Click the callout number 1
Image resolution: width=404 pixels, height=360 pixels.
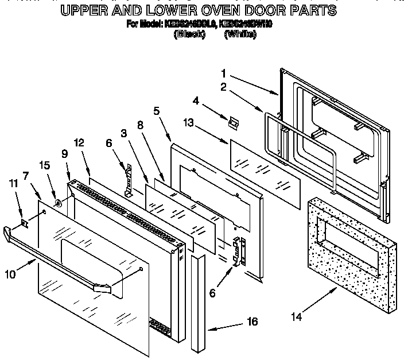tap(224, 73)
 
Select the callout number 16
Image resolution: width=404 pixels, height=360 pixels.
tap(252, 322)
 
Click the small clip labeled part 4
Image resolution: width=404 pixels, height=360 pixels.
tap(233, 122)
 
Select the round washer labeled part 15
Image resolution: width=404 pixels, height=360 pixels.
tap(58, 203)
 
